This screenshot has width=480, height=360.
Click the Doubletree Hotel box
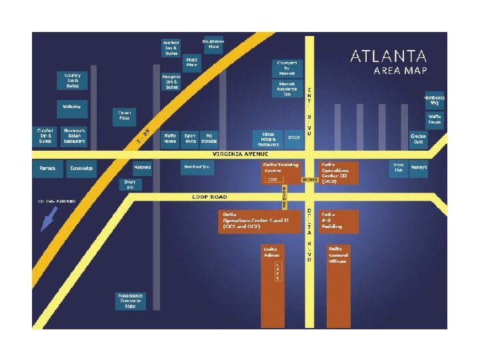213,44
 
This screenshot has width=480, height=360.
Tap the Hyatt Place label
192,63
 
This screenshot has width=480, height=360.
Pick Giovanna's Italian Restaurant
73,135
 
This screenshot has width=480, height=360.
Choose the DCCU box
294,138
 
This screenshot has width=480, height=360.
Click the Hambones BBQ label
434,100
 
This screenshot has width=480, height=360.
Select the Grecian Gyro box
418,138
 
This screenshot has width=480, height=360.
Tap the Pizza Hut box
399,167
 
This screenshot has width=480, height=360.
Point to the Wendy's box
419,167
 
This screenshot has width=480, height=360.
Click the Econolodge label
82,168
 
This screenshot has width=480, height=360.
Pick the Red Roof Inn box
197,168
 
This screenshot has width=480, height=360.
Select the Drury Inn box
130,184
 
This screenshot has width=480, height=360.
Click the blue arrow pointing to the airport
49,219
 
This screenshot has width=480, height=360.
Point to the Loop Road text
210,197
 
